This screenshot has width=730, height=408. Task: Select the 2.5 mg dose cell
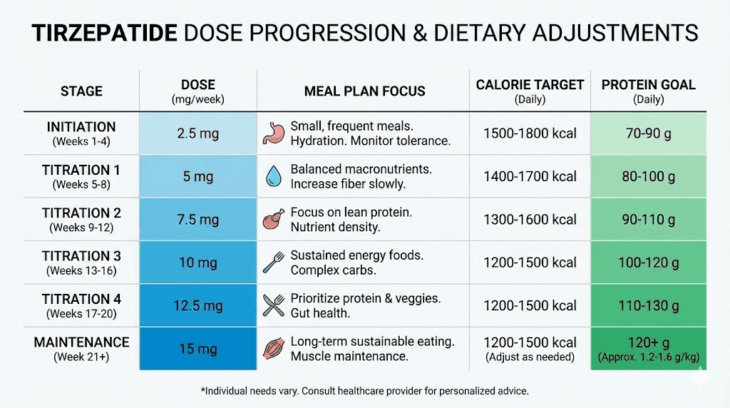[x=197, y=133]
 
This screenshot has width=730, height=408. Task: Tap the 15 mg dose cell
[x=197, y=349]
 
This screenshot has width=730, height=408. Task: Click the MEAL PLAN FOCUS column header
[x=364, y=91]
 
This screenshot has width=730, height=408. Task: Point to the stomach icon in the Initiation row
[x=273, y=133]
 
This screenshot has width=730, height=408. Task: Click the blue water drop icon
[x=273, y=177]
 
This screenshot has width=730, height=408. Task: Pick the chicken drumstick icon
[x=273, y=220]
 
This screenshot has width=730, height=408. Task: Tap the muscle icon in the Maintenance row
[x=273, y=349]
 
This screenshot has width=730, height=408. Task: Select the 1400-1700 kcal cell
[x=530, y=177]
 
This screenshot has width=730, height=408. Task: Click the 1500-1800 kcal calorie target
[x=530, y=133]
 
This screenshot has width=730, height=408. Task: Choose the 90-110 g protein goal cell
[x=648, y=220]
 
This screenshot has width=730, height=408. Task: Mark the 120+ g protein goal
[x=648, y=342]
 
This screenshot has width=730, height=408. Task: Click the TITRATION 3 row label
[x=81, y=256]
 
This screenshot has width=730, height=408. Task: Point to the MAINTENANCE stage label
[x=81, y=342]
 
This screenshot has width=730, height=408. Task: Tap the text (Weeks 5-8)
[x=81, y=185]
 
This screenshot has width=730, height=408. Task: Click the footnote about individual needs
[x=365, y=392]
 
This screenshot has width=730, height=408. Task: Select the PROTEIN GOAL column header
[x=648, y=85]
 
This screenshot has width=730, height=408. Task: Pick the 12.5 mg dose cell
[x=197, y=305]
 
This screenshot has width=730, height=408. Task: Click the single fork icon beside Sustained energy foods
[x=273, y=262]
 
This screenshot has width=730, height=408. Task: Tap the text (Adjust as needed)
[x=530, y=357]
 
